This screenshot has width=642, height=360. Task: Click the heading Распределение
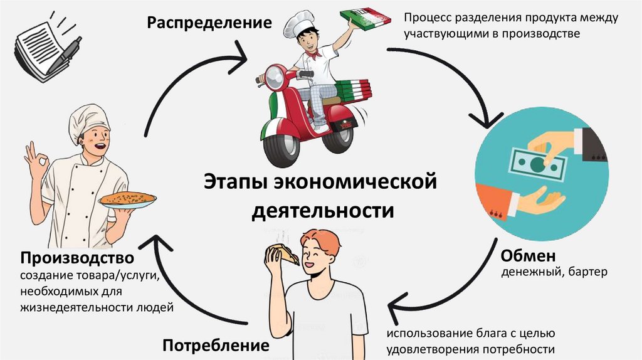209,24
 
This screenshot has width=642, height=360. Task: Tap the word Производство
76,258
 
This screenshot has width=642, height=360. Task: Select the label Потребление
216,345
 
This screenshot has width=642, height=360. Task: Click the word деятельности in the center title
322,210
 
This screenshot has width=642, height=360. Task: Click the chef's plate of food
128,199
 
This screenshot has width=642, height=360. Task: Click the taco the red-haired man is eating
282,253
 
